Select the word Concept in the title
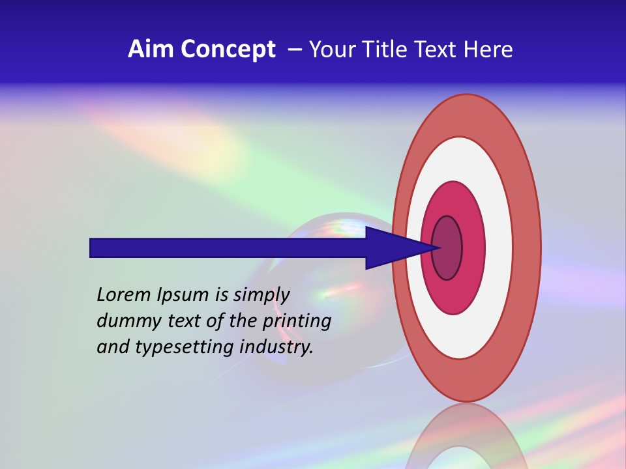click(228, 50)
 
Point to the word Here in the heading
click(488, 50)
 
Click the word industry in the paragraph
click(276, 347)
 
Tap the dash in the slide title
click(294, 50)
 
